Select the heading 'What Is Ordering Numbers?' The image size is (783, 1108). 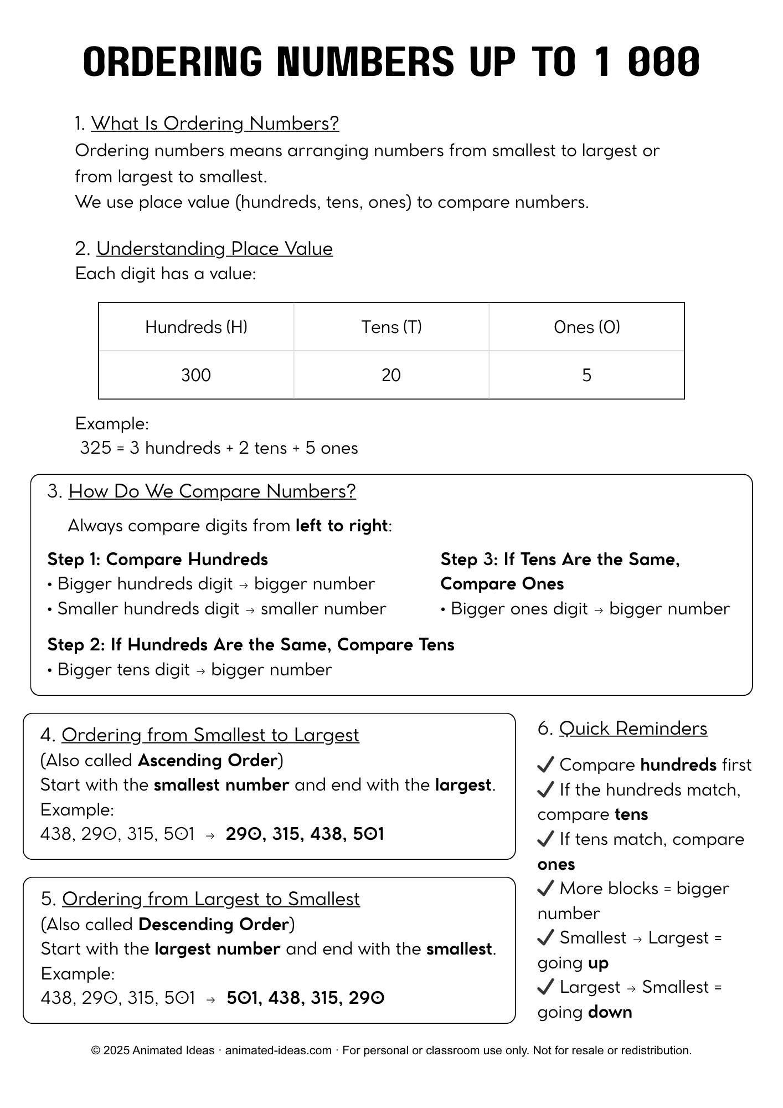click(x=215, y=123)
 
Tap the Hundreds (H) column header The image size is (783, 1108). click(x=196, y=327)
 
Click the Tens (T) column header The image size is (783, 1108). click(x=391, y=327)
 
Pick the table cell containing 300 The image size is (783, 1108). click(x=196, y=375)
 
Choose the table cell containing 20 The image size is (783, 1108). click(x=391, y=375)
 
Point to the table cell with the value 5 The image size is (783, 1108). click(x=586, y=375)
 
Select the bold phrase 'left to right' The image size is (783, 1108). click(x=342, y=525)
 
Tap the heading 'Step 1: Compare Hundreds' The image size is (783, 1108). click(x=158, y=559)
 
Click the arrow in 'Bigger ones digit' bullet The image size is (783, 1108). click(x=599, y=609)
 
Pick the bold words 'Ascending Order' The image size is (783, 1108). click(x=208, y=760)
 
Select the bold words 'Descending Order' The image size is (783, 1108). click(x=214, y=924)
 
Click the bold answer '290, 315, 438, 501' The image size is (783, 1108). click(x=305, y=834)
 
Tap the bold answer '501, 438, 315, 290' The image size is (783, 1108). click(x=306, y=998)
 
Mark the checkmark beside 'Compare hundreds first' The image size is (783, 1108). click(x=545, y=765)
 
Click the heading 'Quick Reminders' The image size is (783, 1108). click(x=633, y=728)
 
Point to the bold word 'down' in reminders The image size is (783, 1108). click(x=610, y=1012)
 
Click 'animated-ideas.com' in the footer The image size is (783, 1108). click(x=278, y=1050)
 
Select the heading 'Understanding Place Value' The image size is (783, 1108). click(x=214, y=248)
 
